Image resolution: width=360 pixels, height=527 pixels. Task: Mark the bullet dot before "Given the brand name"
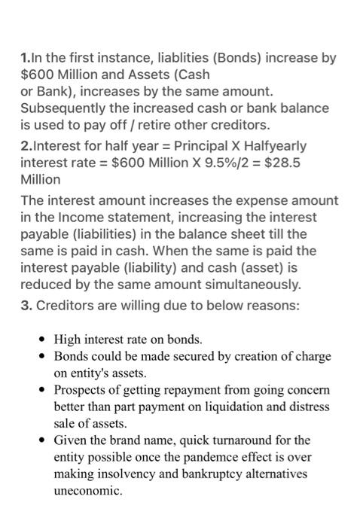tap(47, 440)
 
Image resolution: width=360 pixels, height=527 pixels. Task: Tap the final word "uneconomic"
tap(87, 489)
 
